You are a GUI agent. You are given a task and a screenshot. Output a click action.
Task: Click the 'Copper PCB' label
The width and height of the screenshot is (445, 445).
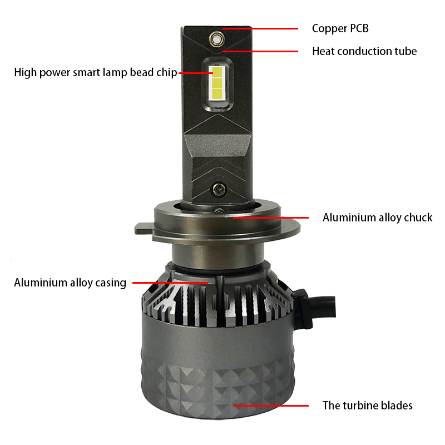(x=340, y=28)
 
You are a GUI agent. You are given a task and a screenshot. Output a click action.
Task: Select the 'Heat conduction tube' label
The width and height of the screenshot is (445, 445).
(x=364, y=51)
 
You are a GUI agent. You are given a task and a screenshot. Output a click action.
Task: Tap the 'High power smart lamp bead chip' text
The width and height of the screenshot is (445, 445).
(x=96, y=73)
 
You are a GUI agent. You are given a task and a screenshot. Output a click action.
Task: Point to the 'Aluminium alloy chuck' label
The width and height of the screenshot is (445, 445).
(x=378, y=217)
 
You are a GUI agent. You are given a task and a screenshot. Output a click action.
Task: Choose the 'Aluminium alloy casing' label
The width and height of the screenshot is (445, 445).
(x=70, y=283)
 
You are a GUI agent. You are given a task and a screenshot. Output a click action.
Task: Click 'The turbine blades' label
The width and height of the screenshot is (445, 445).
(x=367, y=406)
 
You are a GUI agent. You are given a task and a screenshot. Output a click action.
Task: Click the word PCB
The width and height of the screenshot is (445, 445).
(x=359, y=28)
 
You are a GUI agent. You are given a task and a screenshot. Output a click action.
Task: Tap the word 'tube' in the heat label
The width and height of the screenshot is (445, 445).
(x=406, y=51)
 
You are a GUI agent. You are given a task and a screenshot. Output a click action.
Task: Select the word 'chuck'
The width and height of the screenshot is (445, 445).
(x=418, y=217)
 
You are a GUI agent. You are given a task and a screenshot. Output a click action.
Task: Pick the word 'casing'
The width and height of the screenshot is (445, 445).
(x=111, y=283)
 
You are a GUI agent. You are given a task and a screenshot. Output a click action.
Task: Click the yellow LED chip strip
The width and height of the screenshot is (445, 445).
(x=217, y=83)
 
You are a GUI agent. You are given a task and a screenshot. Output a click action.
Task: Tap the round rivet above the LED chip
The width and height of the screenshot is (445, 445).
(x=217, y=39)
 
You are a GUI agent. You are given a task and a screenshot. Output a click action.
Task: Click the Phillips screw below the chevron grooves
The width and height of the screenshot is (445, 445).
(x=219, y=189)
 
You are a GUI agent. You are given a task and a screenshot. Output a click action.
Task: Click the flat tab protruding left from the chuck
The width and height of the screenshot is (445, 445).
(x=145, y=228)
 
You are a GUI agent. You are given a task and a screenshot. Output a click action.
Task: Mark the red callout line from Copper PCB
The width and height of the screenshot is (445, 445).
(x=260, y=28)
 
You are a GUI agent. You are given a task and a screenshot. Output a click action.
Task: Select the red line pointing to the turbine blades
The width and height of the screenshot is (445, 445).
(x=271, y=406)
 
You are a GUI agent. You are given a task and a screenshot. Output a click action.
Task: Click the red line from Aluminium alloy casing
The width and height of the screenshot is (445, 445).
(x=170, y=283)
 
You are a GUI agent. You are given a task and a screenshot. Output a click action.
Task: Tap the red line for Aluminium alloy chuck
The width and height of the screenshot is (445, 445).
(x=271, y=217)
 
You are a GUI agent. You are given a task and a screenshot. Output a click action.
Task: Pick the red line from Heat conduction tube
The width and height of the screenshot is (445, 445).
(x=260, y=51)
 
